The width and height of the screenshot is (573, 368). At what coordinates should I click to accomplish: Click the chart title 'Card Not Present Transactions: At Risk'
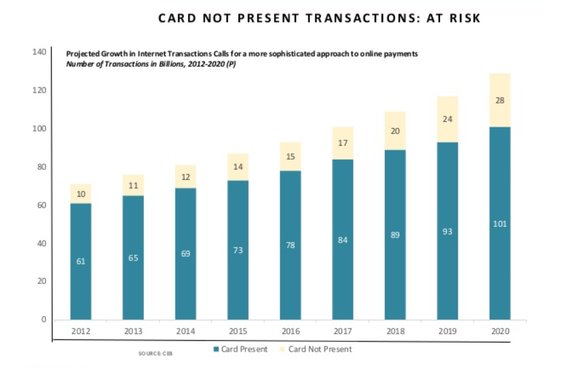tap(319, 18)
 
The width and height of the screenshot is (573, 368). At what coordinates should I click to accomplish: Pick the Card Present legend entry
tap(238, 350)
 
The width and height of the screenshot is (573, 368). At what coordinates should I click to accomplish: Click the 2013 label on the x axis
tap(133, 331)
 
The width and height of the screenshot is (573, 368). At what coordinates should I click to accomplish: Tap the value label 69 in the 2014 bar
tap(185, 254)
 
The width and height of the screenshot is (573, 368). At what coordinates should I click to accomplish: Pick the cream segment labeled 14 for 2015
tap(237, 166)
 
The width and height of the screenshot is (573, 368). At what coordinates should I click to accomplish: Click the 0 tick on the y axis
tap(43, 319)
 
